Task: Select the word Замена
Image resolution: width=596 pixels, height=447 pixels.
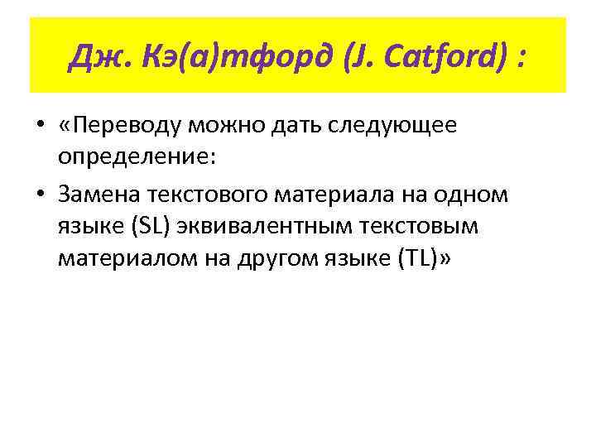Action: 97,195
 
